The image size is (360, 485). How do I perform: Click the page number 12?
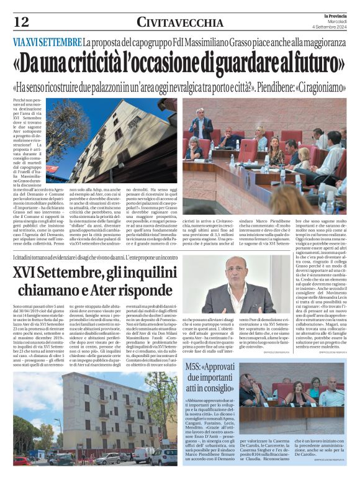pyautogui.click(x=20, y=23)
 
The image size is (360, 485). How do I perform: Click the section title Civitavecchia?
pyautogui.click(x=179, y=23)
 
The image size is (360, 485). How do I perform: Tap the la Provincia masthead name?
pyautogui.click(x=333, y=14)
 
